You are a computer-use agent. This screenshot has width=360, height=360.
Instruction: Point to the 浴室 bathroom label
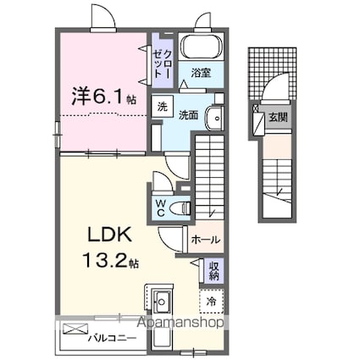click(x=201, y=74)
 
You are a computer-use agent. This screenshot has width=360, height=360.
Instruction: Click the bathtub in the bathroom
click(x=201, y=47)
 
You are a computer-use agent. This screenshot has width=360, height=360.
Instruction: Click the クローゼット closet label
click(x=160, y=62)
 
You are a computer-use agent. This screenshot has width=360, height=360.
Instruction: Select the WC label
click(x=160, y=208)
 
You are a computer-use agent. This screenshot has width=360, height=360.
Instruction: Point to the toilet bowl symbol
click(x=180, y=208)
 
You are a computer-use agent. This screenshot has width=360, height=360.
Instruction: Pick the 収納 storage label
click(x=214, y=272)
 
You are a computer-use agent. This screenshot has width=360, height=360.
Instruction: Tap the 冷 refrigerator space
click(x=209, y=300)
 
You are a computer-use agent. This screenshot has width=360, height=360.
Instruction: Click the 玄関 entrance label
click(x=276, y=117)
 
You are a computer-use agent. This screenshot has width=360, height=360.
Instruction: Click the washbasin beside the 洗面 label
click(x=216, y=118)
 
